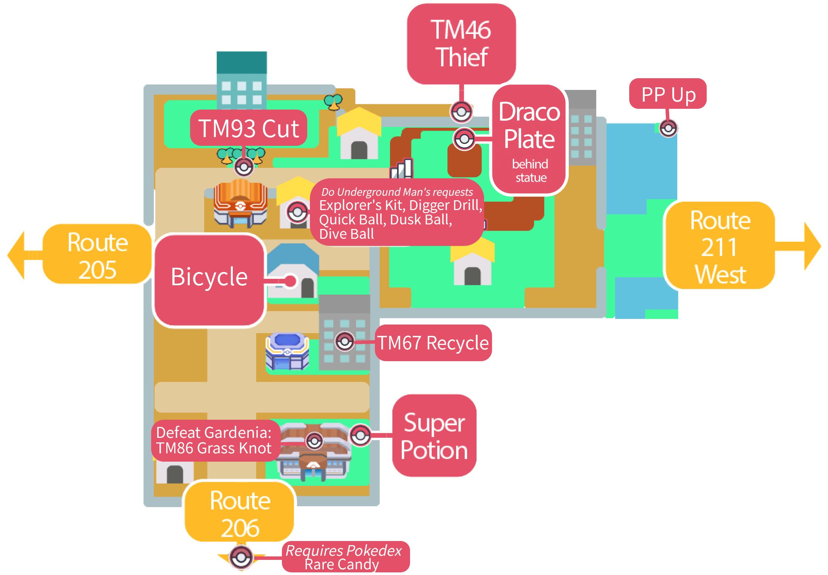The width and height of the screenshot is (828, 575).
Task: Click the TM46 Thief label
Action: pyautogui.click(x=461, y=43)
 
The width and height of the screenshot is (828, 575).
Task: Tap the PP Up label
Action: pyautogui.click(x=668, y=94)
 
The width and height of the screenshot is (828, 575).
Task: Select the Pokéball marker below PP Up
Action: pyautogui.click(x=668, y=128)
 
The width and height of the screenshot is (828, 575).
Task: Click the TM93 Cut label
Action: pyautogui.click(x=249, y=128)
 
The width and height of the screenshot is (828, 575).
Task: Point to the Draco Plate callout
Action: pyautogui.click(x=529, y=139)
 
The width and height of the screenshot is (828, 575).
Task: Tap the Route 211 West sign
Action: pyautogui.click(x=720, y=246)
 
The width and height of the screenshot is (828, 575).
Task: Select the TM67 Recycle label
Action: pyautogui.click(x=433, y=343)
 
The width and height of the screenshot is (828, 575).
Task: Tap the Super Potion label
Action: pyautogui.click(x=434, y=436)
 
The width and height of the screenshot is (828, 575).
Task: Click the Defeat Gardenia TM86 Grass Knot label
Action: pyautogui.click(x=214, y=440)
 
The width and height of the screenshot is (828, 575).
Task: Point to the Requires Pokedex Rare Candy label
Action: pyautogui.click(x=345, y=557)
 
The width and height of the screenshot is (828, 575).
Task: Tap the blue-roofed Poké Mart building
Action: pyautogui.click(x=287, y=351)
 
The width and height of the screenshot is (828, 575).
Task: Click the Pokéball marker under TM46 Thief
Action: pyautogui.click(x=461, y=112)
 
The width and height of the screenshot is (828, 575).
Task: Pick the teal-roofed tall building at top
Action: pyautogui.click(x=242, y=79)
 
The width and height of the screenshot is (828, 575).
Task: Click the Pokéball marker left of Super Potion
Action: pyautogui.click(x=360, y=436)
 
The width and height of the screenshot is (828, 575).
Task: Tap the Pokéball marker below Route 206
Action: pyautogui.click(x=241, y=557)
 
